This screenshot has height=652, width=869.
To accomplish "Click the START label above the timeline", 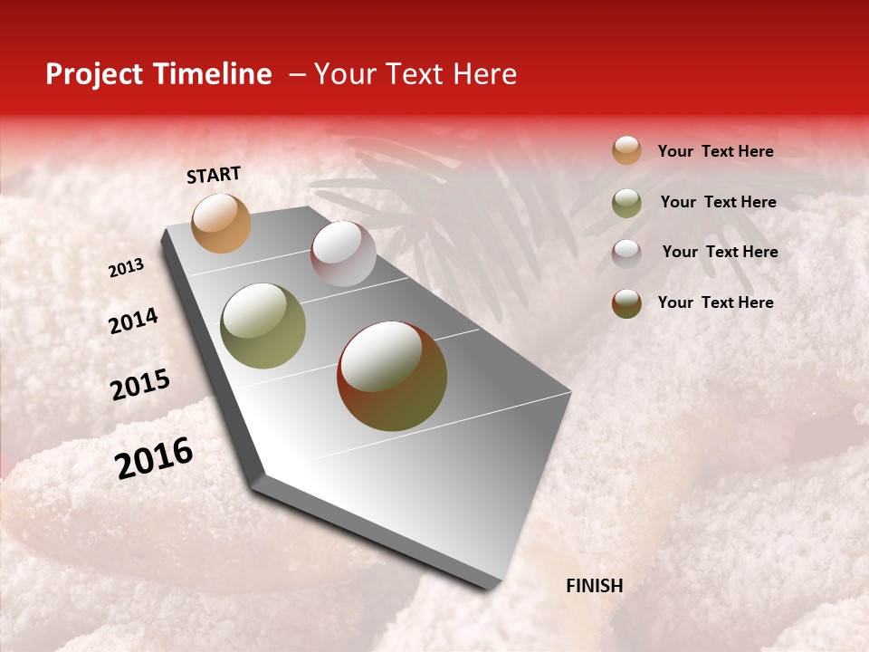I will [214, 175].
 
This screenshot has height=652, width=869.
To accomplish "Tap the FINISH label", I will [594, 586].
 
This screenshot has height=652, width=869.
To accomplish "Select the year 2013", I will [126, 268].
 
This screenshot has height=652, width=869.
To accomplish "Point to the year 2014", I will [133, 321].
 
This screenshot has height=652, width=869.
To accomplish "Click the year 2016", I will [154, 458].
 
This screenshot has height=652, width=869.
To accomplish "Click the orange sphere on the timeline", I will [221, 223].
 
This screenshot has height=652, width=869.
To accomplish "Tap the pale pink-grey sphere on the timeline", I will [343, 254].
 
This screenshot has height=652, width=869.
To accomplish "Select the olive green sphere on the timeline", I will [263, 326].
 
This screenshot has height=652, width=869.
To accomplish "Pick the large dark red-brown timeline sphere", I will [392, 376].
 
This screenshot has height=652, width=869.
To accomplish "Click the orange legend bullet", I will [626, 150].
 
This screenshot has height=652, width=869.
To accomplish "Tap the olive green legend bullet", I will [626, 203].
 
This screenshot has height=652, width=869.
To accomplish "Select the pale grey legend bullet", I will [626, 253].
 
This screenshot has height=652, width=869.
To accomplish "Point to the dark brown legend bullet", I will [626, 303].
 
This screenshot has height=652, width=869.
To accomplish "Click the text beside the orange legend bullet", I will [715, 151].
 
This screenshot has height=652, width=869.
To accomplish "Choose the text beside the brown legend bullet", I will [715, 302].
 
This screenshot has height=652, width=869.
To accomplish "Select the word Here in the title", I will [483, 74].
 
